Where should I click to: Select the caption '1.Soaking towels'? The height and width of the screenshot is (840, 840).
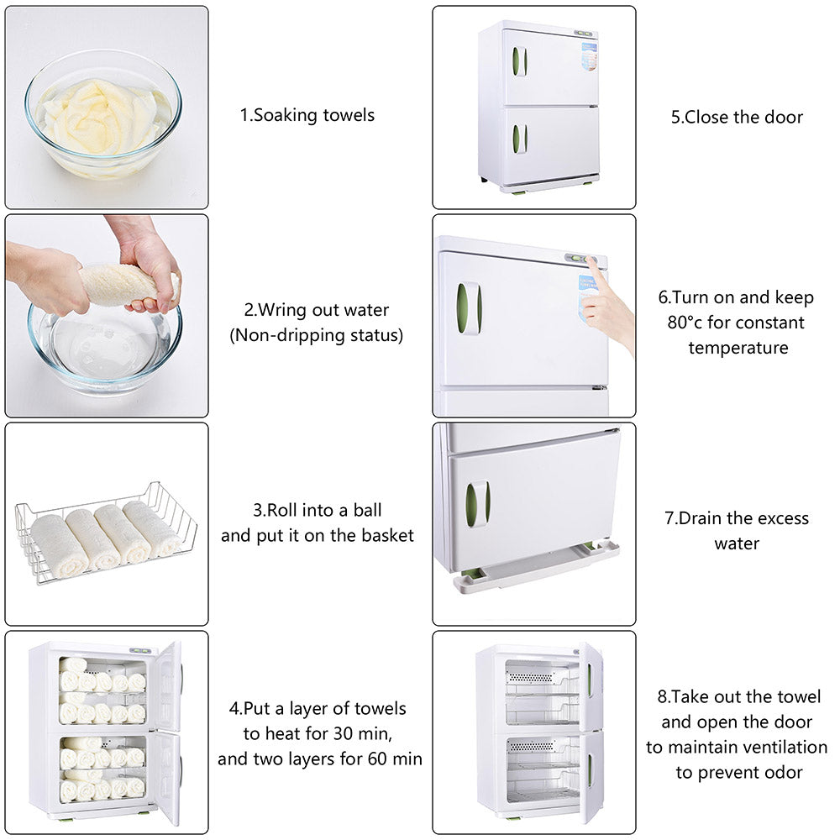point(307,115)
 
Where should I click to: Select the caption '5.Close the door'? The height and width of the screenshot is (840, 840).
point(736,117)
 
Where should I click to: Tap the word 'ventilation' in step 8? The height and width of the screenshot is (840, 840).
point(783,747)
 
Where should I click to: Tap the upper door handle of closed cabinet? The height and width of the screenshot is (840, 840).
point(520,61)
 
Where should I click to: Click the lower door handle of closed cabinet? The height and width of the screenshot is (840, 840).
point(520,139)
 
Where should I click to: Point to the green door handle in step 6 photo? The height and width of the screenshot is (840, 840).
point(468,308)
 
